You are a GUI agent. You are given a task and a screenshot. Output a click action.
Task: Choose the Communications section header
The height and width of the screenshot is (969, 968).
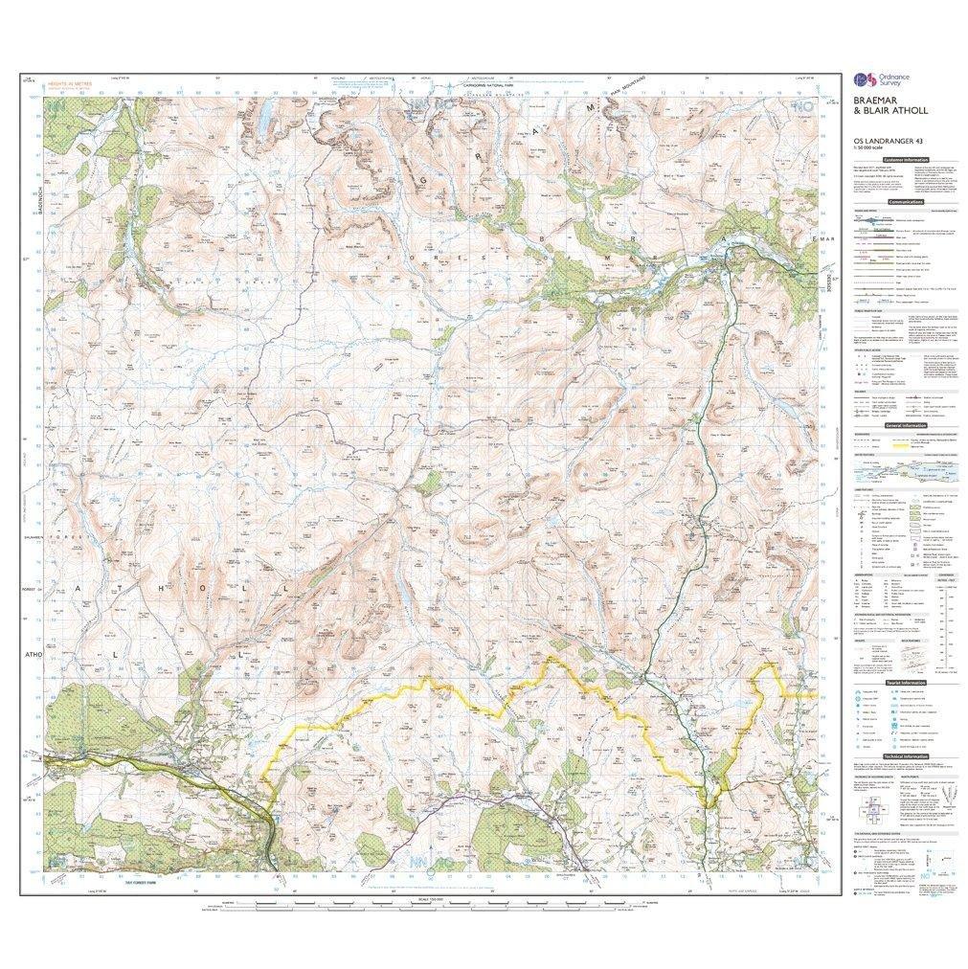pos(903,203)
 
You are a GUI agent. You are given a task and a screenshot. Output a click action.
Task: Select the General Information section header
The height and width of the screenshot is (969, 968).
pos(903,424)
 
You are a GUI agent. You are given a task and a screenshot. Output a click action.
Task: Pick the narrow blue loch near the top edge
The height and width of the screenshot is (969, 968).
pos(263,115)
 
